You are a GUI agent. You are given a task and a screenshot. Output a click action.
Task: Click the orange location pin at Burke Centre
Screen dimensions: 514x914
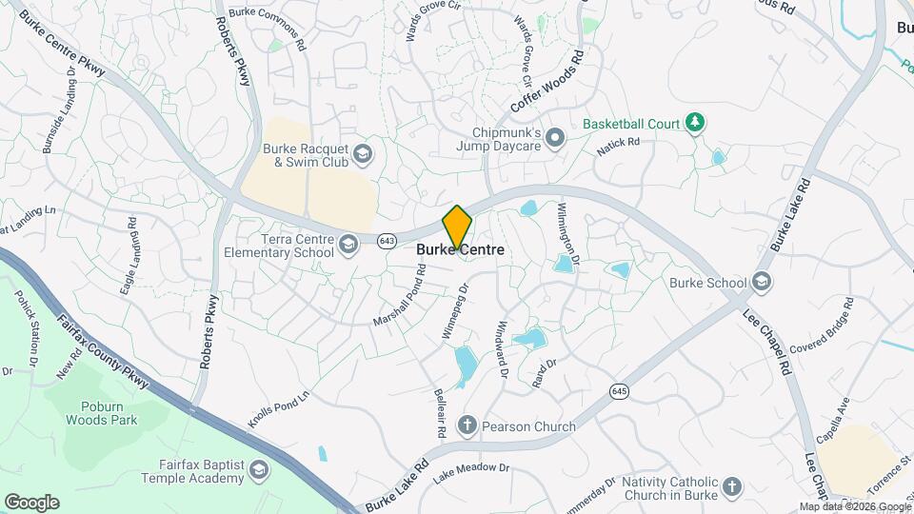click(x=457, y=227)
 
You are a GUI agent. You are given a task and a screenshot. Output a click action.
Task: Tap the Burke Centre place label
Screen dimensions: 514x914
click(x=460, y=250)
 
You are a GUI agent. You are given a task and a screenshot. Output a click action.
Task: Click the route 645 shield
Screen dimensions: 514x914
click(x=620, y=390)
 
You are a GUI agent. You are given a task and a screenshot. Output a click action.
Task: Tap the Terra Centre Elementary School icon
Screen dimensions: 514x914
click(x=348, y=246)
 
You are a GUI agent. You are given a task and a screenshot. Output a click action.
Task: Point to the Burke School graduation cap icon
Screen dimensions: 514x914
click(x=761, y=282)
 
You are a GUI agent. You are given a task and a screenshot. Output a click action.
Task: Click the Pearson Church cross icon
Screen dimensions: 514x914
click(x=467, y=425)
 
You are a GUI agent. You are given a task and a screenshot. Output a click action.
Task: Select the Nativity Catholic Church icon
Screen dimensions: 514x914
click(x=731, y=487)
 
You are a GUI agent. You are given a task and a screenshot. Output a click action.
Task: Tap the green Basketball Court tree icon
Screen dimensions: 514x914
click(x=696, y=123)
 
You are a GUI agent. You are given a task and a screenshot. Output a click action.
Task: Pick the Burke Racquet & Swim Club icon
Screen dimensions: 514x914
click(x=362, y=154)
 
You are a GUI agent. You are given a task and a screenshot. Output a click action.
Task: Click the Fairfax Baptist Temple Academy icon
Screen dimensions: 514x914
click(x=258, y=471)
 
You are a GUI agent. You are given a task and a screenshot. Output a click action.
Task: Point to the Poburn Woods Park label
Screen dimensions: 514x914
click(x=103, y=412)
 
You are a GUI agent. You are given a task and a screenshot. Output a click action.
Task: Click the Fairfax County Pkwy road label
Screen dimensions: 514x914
click(x=104, y=350)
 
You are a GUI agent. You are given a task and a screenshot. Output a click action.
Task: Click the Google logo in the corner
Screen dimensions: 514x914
click(x=31, y=503)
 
